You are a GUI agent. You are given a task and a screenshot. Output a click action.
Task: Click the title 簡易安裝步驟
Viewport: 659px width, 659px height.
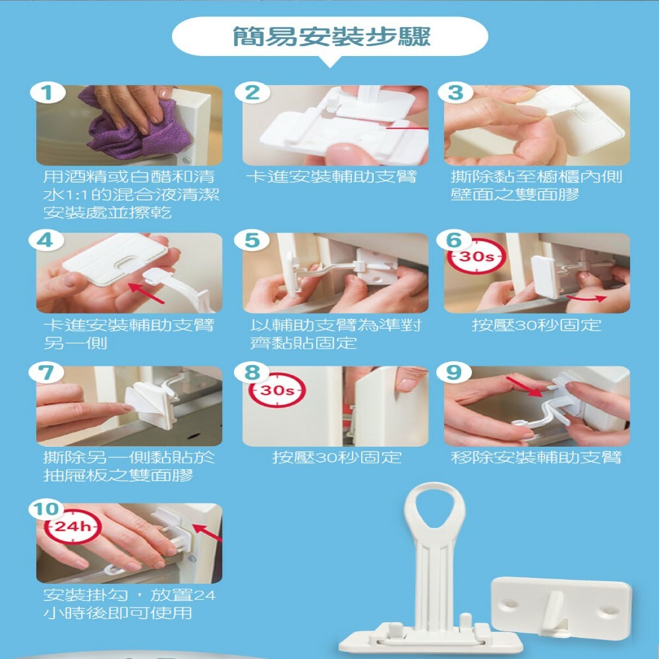(x=331, y=36)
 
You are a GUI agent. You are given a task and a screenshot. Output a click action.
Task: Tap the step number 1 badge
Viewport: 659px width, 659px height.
(x=47, y=93)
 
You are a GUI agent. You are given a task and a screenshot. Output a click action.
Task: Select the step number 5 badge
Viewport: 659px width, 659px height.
(x=252, y=241)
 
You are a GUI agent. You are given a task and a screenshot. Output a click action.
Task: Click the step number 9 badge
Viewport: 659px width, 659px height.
(x=454, y=372)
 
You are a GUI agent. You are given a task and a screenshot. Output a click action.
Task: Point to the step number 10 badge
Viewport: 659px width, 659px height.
(x=47, y=509)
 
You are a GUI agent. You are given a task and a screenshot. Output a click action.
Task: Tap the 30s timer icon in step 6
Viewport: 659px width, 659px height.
(x=476, y=256)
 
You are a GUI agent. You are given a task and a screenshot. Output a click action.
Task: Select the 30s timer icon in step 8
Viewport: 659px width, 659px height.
(x=277, y=390)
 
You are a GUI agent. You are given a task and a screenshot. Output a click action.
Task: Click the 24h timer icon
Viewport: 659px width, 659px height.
(x=72, y=526)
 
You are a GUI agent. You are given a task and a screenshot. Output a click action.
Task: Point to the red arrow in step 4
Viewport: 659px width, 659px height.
(x=146, y=293)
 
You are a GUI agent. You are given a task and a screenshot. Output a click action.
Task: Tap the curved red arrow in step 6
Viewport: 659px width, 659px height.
(x=587, y=298)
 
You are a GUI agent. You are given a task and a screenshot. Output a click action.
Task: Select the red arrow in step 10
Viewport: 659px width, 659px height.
(x=207, y=532)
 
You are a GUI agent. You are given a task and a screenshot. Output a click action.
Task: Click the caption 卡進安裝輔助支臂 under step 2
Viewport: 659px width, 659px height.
(x=331, y=177)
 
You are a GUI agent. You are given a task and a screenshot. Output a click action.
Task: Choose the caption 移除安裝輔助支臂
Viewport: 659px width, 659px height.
(x=536, y=457)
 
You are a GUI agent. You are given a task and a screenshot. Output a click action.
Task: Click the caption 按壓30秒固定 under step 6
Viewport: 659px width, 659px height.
(x=536, y=325)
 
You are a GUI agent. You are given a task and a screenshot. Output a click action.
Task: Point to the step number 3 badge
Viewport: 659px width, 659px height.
(x=456, y=93)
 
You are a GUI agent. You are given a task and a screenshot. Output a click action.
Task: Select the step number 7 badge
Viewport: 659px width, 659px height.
(x=46, y=372)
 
